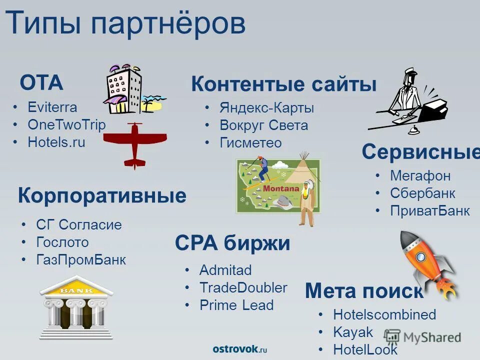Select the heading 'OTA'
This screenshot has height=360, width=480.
[x=41, y=82]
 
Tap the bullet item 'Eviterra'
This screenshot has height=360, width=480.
[x=52, y=107]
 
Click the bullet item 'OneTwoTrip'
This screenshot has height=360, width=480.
[x=66, y=124]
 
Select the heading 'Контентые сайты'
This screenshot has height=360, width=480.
[x=283, y=84]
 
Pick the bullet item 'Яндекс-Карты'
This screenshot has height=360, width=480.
[x=266, y=107]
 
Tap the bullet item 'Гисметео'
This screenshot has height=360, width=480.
[x=250, y=142]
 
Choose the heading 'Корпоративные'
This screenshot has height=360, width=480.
[x=102, y=195]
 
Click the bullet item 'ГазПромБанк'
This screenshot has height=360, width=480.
[x=81, y=260]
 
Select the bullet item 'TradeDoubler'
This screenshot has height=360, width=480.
[x=243, y=287]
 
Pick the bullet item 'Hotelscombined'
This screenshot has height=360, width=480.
[x=384, y=314]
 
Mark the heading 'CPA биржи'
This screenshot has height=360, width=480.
[x=232, y=243]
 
